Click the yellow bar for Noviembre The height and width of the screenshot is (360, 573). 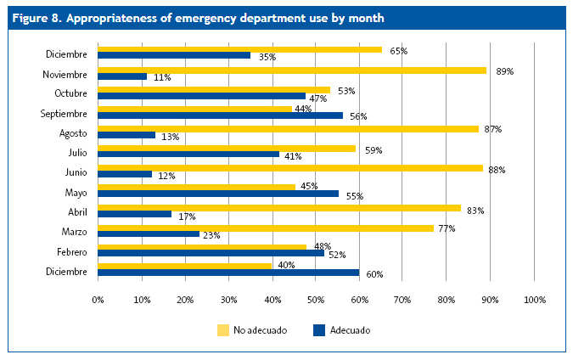coord(292,70)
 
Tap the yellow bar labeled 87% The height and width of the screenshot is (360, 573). coord(288,129)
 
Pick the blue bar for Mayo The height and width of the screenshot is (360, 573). coord(218,194)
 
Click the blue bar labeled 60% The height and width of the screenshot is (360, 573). coord(228,273)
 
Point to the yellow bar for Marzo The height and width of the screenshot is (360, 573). coord(266,228)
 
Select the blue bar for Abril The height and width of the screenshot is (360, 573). coord(135,214)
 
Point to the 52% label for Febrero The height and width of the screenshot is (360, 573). coord(337,255)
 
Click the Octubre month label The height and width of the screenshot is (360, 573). coord(70,93)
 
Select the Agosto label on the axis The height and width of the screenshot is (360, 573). coord(74,132)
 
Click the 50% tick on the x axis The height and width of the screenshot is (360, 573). coord(316,300)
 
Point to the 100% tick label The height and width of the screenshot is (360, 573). coord(535,300)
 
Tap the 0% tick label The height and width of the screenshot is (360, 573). coord(98,300)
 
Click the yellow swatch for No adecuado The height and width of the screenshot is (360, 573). coord(224,329)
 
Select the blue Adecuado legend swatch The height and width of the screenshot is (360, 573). coord(320,329)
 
